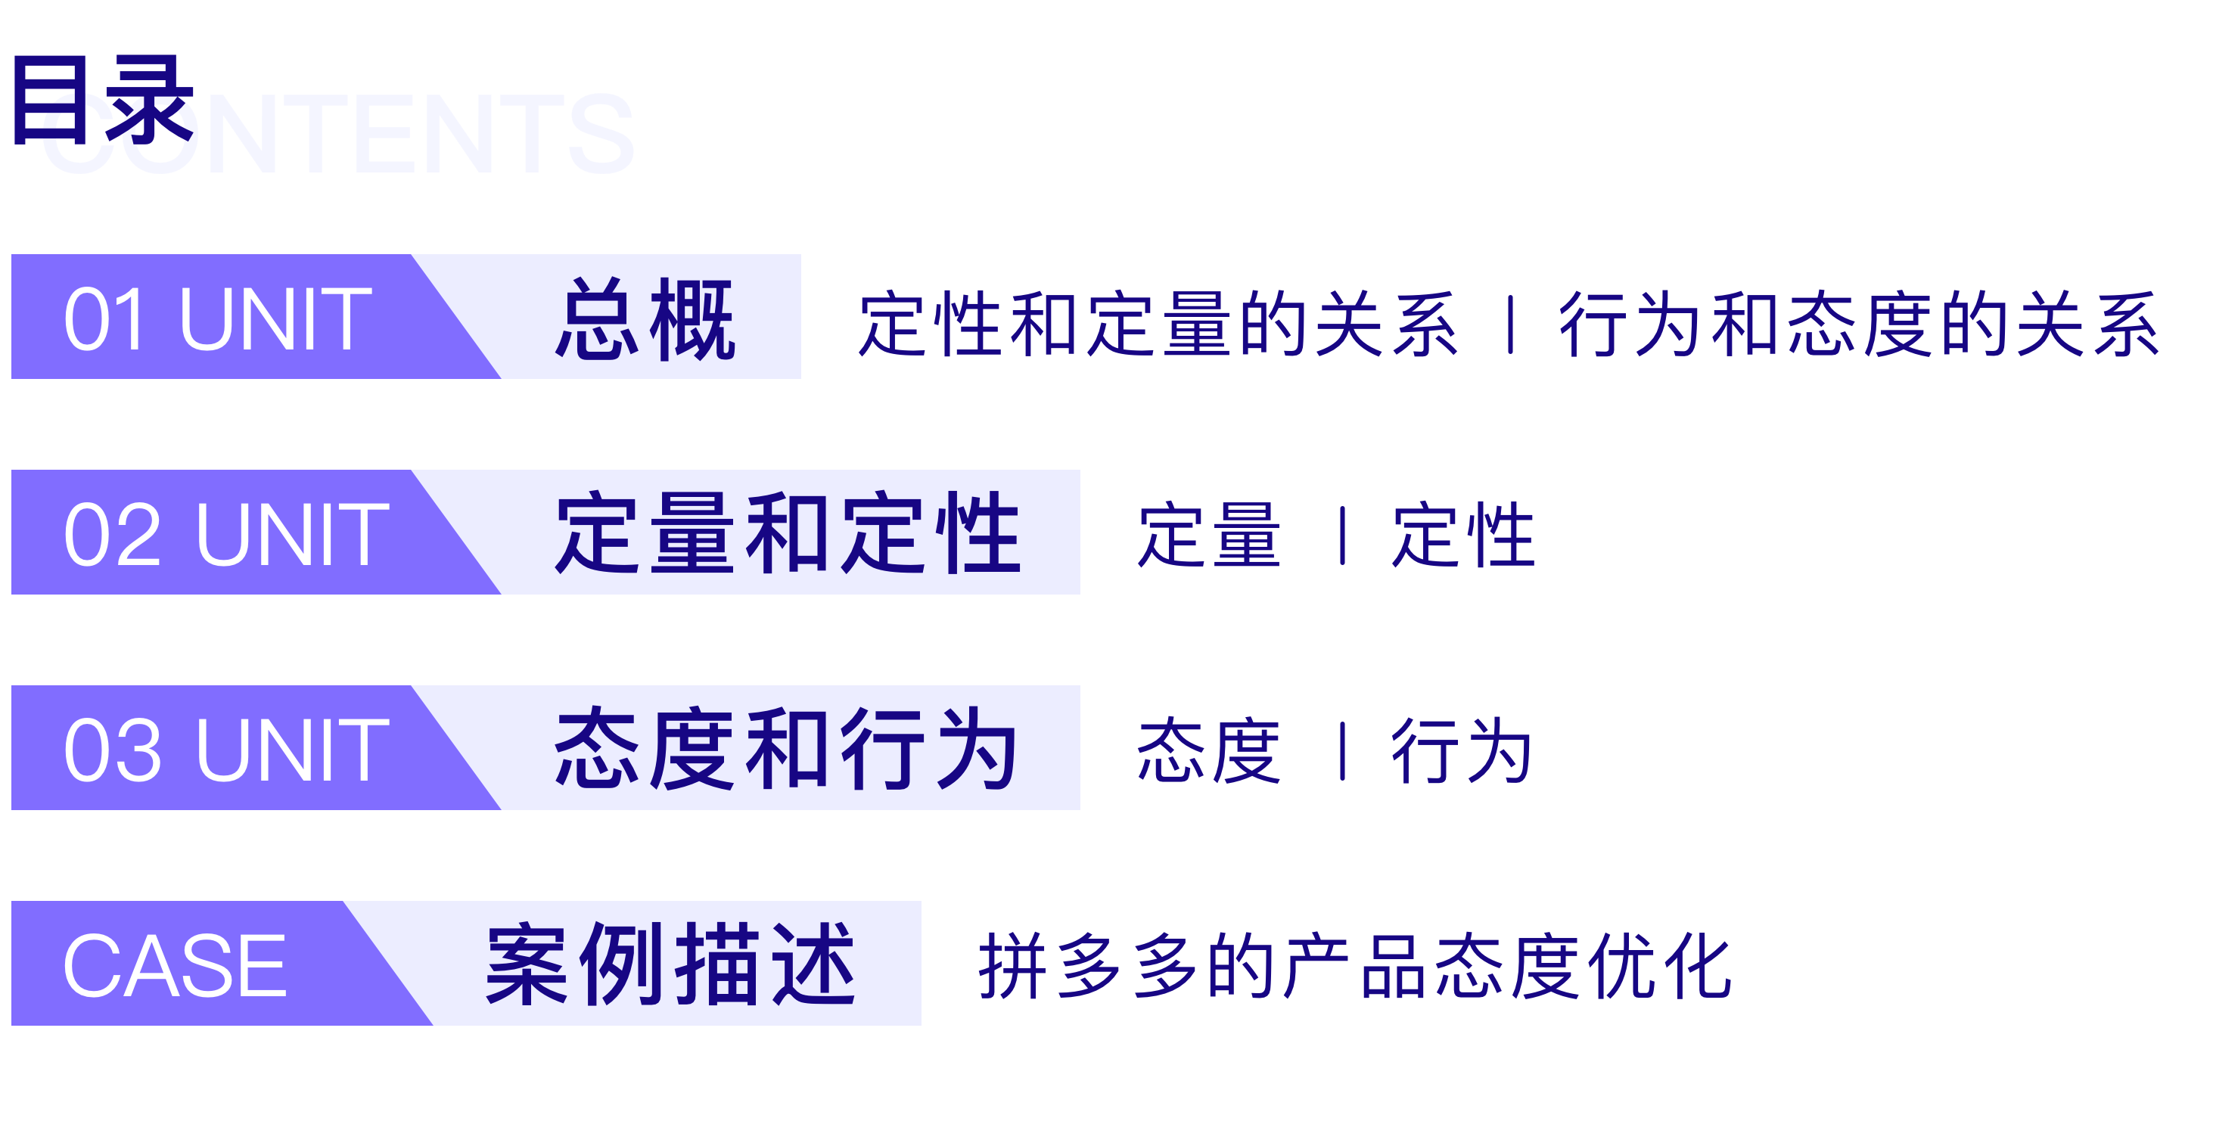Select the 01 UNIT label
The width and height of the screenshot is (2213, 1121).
(218, 319)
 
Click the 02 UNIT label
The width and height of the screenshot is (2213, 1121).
(227, 534)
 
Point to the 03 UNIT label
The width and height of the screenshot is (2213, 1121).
(227, 750)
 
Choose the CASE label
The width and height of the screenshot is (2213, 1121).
(175, 965)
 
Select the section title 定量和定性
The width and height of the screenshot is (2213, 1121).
(788, 534)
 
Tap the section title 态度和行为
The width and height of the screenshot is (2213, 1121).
(786, 750)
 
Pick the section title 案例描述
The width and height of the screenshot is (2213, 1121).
(670, 965)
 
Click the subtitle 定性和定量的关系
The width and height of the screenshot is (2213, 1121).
(1158, 324)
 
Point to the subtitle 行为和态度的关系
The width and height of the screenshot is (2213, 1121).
(1857, 324)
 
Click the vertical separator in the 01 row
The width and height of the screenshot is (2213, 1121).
(1510, 324)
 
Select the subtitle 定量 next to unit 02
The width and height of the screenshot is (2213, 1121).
(1210, 536)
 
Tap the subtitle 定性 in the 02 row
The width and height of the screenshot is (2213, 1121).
(1463, 536)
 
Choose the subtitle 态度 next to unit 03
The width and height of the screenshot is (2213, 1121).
(1210, 752)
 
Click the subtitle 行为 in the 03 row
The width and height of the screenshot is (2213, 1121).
(1461, 752)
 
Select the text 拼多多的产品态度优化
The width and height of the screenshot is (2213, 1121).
(1354, 967)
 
